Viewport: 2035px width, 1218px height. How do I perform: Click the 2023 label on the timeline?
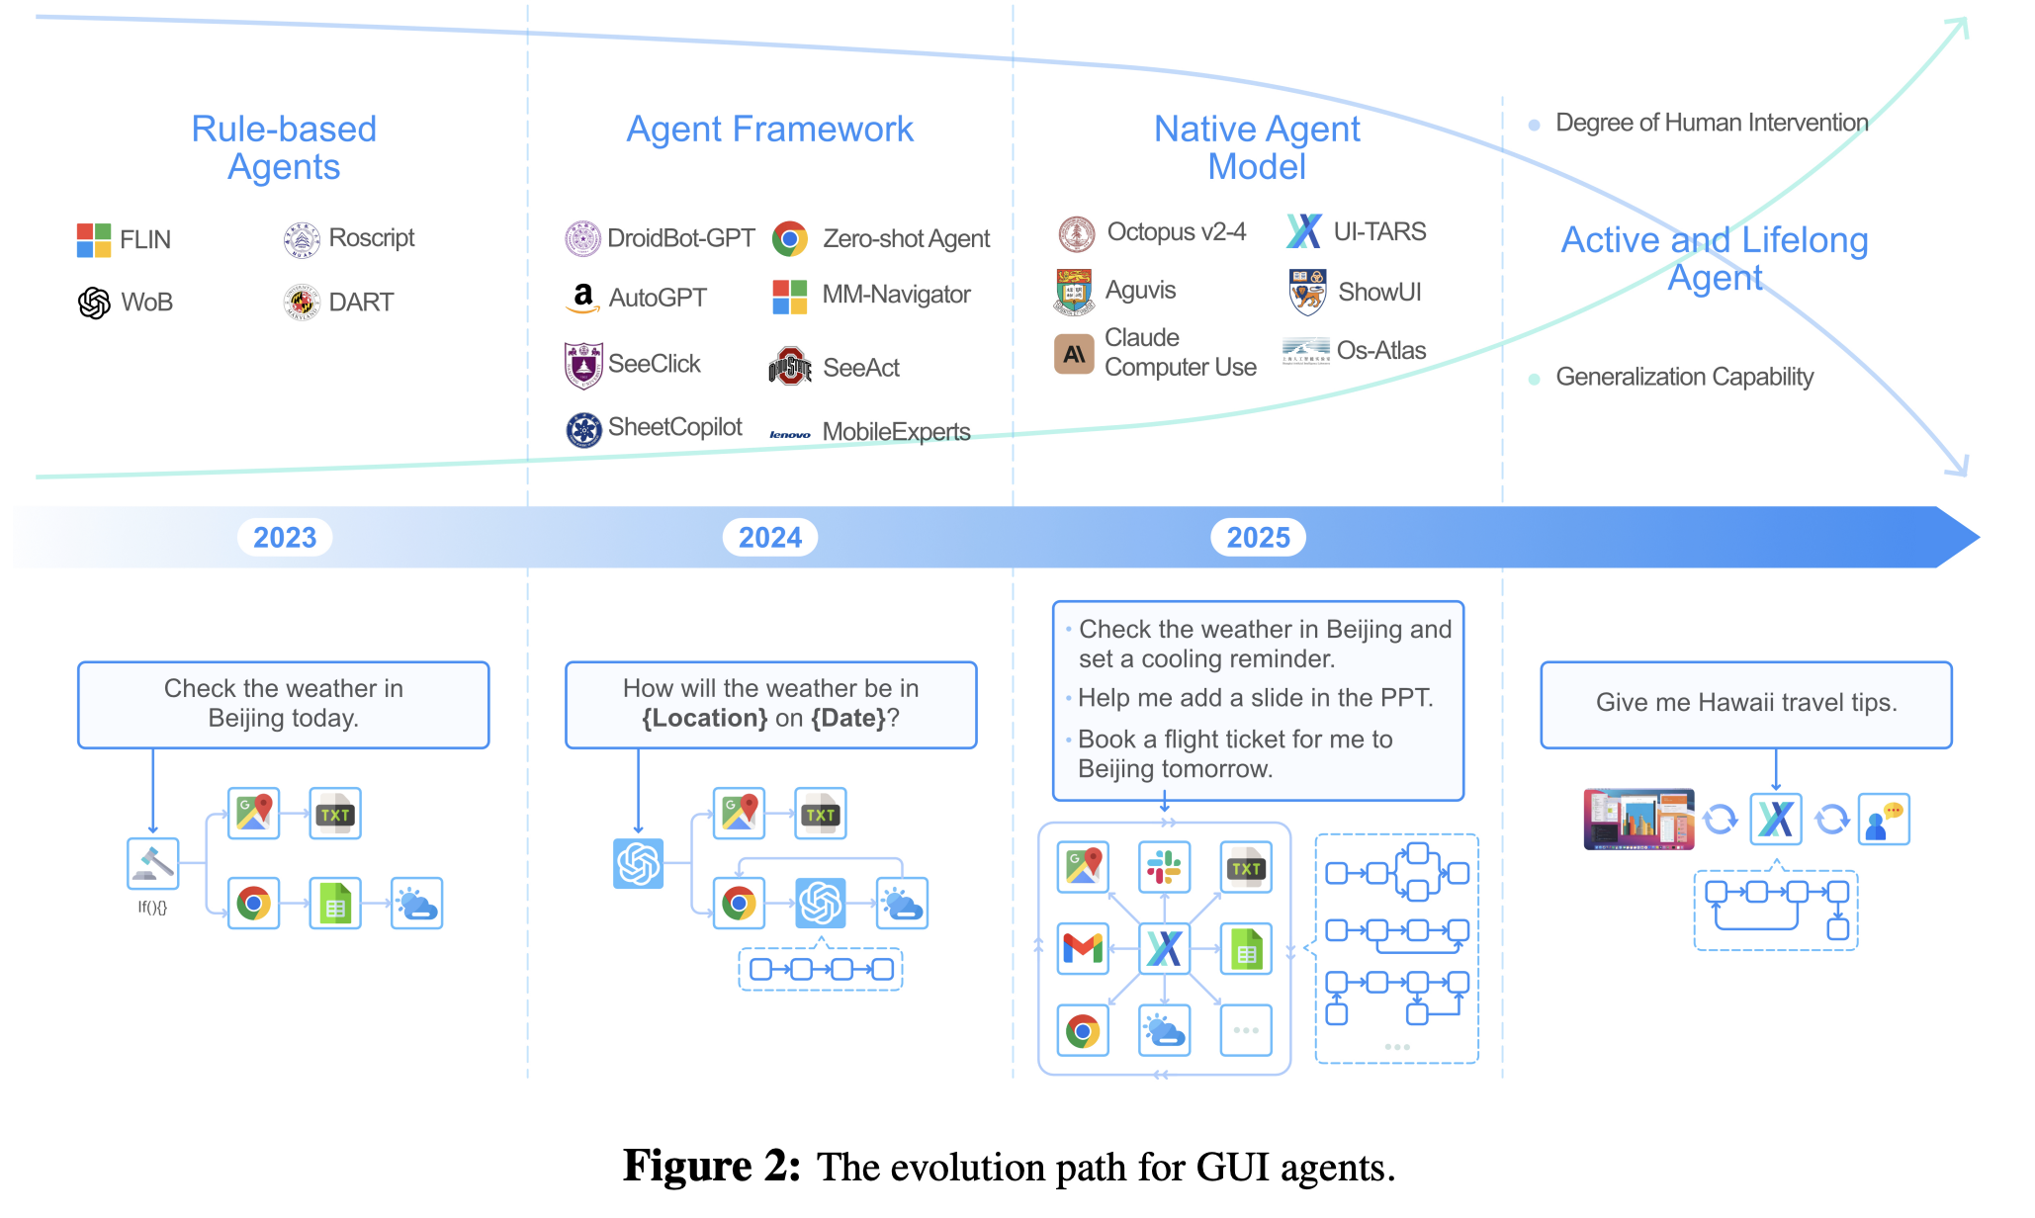(285, 538)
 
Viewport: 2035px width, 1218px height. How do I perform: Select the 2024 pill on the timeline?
(770, 538)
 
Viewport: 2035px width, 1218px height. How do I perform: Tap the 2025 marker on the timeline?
(1258, 538)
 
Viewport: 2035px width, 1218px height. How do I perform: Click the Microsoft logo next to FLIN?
(94, 240)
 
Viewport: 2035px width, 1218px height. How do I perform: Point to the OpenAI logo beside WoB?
(94, 303)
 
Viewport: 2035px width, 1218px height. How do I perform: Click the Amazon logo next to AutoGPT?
(583, 298)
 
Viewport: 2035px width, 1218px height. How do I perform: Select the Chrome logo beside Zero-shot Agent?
(790, 238)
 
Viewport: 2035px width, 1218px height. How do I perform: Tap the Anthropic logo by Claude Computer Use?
(1074, 354)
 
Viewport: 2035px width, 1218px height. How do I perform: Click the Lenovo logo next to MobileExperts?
(790, 434)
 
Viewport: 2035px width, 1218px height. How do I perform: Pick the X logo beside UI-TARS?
(1304, 231)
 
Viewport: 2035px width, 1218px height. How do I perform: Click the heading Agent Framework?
(769, 130)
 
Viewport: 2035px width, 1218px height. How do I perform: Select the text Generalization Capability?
(1684, 377)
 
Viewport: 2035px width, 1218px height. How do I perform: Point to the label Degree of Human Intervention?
(1712, 123)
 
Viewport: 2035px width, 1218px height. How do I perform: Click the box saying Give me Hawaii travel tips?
(1746, 704)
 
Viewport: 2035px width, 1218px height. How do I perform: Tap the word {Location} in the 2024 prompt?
(705, 718)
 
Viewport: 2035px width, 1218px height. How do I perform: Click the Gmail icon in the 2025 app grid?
(1083, 948)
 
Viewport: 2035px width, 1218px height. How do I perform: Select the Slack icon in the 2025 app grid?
(1164, 867)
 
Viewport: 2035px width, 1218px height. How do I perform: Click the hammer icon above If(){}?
(153, 863)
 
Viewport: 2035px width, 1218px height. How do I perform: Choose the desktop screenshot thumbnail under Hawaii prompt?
(1638, 820)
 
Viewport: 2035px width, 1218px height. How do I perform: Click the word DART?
(361, 303)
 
